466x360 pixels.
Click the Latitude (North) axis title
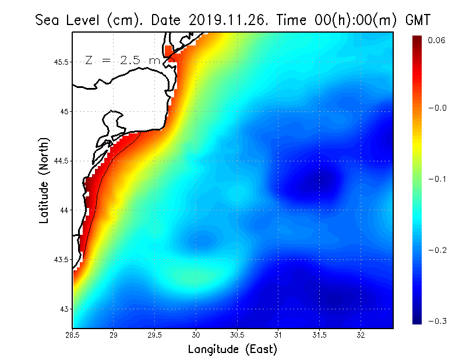click(44, 180)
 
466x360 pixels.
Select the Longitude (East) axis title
click(232, 349)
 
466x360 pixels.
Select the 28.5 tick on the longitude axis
click(73, 335)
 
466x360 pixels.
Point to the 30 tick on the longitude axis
click(196, 335)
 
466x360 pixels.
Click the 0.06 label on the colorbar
click(436, 40)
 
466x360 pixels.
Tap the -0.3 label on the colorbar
click(436, 321)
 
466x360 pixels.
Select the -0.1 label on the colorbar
click(436, 179)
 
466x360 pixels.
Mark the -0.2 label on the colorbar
click(436, 250)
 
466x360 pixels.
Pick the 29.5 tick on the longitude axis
click(155, 335)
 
